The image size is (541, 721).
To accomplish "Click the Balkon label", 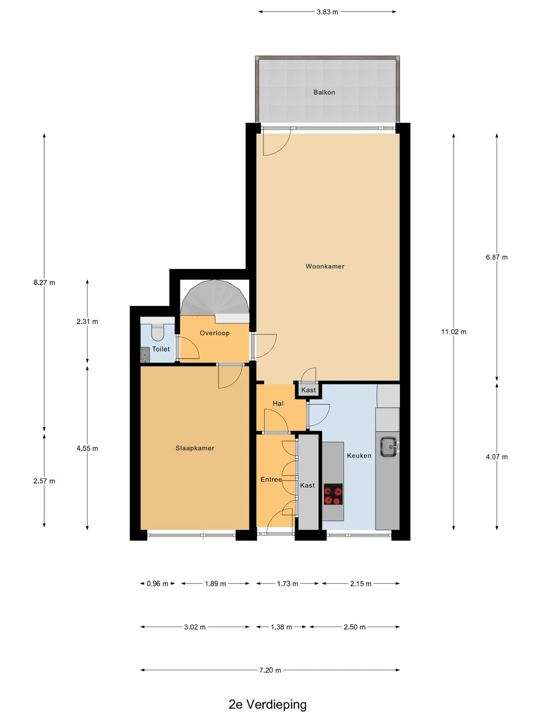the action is [x=324, y=92].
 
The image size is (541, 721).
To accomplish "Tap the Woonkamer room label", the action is [x=325, y=266].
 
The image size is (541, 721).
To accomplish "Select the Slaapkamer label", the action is [x=195, y=448].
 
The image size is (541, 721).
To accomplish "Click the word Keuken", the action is [x=359, y=456].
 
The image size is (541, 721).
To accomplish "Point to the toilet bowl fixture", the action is [x=157, y=332].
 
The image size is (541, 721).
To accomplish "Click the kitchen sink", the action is [x=389, y=447].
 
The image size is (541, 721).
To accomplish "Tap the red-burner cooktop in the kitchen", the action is [x=333, y=494].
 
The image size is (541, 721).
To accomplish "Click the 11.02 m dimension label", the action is [x=454, y=332].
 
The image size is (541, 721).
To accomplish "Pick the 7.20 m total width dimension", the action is [x=270, y=670].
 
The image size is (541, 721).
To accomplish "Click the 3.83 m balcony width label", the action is [x=327, y=12].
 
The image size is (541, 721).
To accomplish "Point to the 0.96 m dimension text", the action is [x=157, y=584].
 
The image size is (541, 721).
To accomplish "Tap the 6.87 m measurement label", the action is [x=497, y=257].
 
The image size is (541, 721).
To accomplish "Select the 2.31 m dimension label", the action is [x=87, y=321].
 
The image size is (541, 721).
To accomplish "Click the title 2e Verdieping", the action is [x=267, y=704].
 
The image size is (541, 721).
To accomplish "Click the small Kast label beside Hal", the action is [x=308, y=390].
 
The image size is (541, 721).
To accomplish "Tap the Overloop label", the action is [x=215, y=333].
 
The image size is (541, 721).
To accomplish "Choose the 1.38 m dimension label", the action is [x=281, y=627].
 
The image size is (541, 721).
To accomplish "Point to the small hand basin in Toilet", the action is [x=145, y=355].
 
